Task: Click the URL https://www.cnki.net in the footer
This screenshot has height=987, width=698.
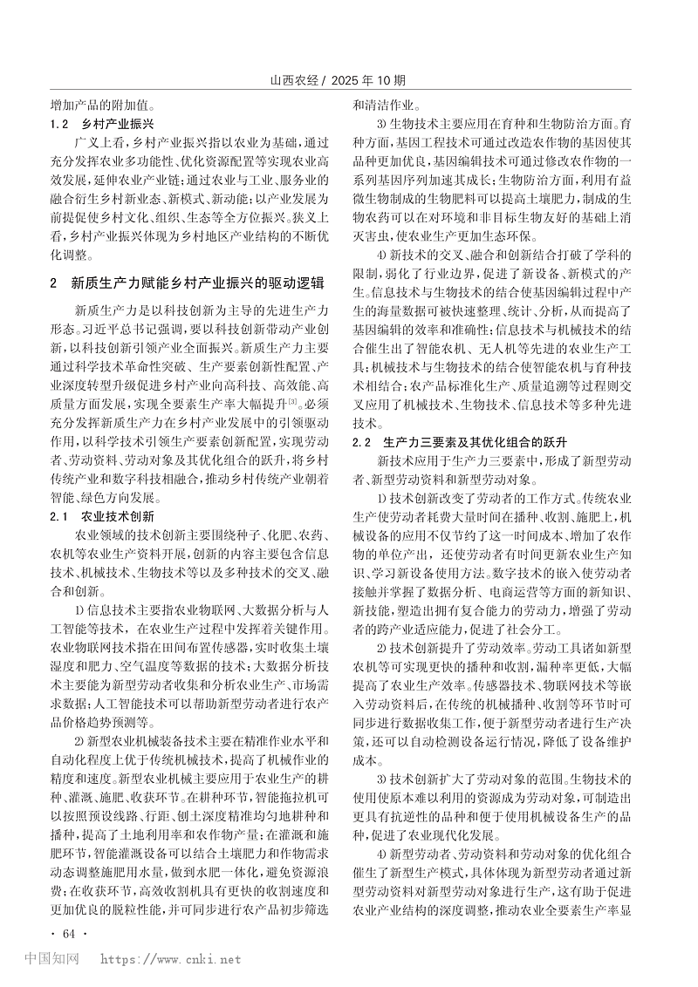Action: point(170,959)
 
